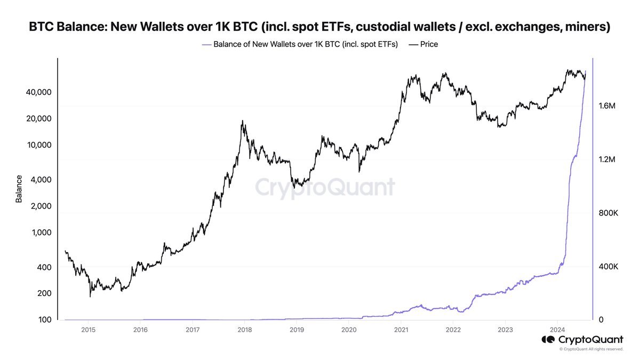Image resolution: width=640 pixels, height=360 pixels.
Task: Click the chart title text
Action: [x=320, y=26]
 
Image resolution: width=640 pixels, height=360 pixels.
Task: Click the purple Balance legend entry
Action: [x=300, y=44]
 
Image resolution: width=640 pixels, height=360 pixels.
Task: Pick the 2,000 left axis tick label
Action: [x=38, y=206]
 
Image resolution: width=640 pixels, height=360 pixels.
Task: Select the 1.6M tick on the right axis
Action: [x=607, y=106]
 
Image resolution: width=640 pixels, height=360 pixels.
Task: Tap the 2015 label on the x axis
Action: [x=88, y=330]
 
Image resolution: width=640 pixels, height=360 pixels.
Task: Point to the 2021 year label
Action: [x=401, y=330]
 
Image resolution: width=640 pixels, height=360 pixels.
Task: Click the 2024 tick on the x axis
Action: [x=557, y=330]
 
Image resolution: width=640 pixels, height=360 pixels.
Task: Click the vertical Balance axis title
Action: [x=19, y=189]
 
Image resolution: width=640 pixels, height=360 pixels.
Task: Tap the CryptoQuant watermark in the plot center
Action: [x=325, y=187]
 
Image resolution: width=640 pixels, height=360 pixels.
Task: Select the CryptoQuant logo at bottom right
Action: [x=582, y=340]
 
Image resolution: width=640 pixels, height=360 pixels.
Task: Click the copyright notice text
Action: [x=591, y=349]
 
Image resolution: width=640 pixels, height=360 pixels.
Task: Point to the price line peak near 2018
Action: [x=243, y=121]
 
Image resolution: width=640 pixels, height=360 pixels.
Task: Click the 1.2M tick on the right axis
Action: [x=607, y=159]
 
